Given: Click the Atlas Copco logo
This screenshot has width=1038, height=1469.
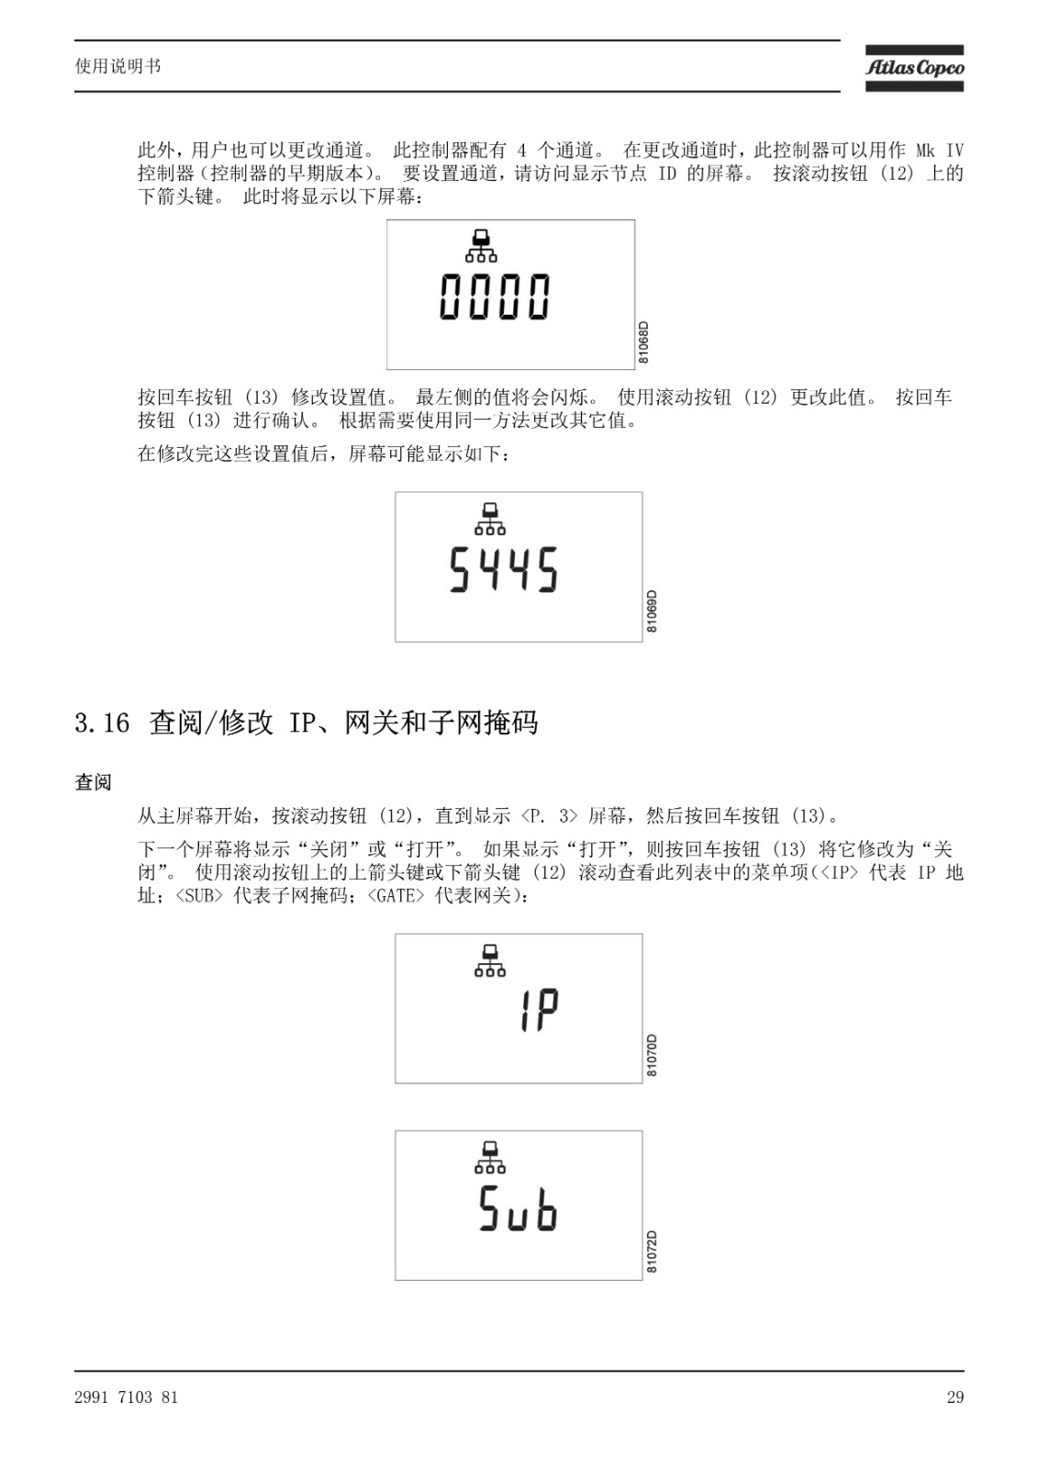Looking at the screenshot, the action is coord(914,68).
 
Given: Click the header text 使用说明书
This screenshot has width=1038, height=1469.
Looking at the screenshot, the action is coord(118,66).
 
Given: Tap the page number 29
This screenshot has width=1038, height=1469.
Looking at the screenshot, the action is coord(955,1396).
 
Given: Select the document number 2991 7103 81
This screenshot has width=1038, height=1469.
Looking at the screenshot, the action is coord(126,1396).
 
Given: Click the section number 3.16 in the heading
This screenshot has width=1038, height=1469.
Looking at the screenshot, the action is coord(102,723).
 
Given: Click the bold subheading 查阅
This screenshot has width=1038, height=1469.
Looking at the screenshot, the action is coord(93,781).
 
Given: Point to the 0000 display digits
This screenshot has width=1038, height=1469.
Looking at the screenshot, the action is coord(495,297).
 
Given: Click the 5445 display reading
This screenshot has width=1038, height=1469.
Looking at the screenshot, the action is coord(504,569).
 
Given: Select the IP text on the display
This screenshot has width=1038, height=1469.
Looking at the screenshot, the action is coord(539,1010).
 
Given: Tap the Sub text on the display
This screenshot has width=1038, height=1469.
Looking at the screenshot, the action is coord(518,1208).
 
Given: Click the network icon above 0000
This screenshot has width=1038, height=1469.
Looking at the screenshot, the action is coord(481,245).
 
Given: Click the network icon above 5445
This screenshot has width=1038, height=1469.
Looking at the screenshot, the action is coord(490,518).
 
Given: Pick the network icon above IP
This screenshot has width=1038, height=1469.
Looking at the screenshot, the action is coord(490,960).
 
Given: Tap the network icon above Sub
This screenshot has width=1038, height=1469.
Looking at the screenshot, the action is coord(490,1157).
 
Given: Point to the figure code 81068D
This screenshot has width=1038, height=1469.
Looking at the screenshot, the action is coord(643,342).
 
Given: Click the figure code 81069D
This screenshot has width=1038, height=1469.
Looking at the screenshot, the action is coord(652,611).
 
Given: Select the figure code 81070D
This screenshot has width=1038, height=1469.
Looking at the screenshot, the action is coord(652,1055).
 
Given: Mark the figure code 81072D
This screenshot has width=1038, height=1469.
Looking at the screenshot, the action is coord(652,1252).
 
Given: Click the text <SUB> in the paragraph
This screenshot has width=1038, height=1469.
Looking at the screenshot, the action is coord(200,895).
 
